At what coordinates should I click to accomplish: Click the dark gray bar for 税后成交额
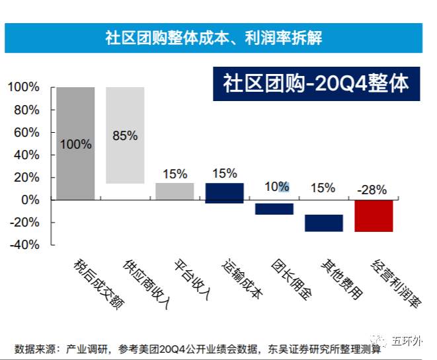pyautogui.click(x=75, y=143)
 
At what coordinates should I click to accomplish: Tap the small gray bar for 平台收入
pyautogui.click(x=175, y=191)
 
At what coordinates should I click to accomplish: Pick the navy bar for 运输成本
pyautogui.click(x=224, y=193)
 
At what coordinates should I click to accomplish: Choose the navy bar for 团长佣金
pyautogui.click(x=274, y=209)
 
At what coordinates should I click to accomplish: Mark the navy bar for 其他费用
pyautogui.click(x=324, y=223)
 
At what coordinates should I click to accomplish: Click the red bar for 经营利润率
pyautogui.click(x=374, y=215)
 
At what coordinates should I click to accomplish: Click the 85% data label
pyautogui.click(x=125, y=136)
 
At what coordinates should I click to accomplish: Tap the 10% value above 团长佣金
pyautogui.click(x=274, y=187)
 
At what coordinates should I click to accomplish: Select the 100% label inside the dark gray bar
pyautogui.click(x=75, y=144)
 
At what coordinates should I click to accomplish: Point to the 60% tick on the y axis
pyautogui.click(x=24, y=132)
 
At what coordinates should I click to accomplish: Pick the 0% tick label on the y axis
pyautogui.click(x=30, y=199)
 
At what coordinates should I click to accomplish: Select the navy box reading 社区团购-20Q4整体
pyautogui.click(x=316, y=84)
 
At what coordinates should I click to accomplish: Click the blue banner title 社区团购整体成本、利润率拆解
pyautogui.click(x=214, y=38)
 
